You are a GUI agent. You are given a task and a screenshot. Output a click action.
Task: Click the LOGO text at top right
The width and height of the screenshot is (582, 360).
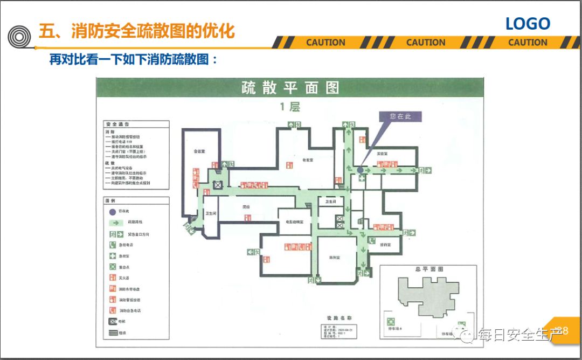[528, 24]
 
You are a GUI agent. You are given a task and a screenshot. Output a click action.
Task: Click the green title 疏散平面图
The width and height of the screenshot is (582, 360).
[290, 87]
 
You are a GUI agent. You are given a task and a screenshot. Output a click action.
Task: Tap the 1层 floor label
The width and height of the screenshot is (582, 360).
[289, 107]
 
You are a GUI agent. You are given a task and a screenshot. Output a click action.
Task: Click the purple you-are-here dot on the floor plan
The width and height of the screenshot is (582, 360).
[360, 170]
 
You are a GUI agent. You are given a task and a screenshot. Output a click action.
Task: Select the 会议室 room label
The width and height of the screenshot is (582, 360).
[200, 151]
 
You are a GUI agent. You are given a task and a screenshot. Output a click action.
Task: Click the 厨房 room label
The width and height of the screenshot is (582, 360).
[246, 206]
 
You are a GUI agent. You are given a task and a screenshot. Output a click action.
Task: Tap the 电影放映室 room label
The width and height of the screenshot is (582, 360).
[290, 222]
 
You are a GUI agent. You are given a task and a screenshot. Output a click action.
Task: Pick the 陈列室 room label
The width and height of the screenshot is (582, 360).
[335, 258]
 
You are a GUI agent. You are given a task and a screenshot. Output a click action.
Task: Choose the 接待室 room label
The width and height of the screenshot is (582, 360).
[385, 245]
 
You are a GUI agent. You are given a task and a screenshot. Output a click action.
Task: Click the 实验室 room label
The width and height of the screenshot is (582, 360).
[382, 154]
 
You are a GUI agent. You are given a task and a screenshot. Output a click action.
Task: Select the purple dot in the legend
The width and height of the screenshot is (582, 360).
[113, 211]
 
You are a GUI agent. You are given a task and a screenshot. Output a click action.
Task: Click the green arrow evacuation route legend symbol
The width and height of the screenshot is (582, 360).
[114, 222]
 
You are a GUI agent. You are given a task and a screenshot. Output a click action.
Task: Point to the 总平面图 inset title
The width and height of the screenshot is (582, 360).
[429, 269]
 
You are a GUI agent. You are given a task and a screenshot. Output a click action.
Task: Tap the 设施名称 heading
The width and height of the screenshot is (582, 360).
[339, 319]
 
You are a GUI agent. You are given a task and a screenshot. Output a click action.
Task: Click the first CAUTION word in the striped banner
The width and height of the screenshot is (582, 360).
[325, 43]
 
